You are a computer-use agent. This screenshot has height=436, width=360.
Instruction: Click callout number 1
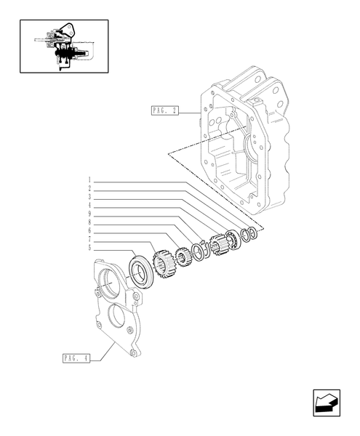pyautogui.click(x=89, y=180)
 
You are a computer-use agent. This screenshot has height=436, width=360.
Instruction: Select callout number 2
pyautogui.click(x=89, y=188)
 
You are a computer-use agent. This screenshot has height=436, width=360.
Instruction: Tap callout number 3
pyautogui.click(x=89, y=197)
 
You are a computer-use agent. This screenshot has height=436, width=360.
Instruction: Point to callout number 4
pyautogui.click(x=89, y=206)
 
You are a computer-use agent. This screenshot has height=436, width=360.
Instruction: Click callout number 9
pyautogui.click(x=89, y=214)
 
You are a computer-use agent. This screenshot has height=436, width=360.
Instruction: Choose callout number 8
pyautogui.click(x=89, y=222)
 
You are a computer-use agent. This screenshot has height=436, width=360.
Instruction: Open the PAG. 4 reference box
pyautogui.click(x=76, y=358)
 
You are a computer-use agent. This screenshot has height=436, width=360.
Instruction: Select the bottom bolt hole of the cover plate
pyautogui.click(x=133, y=353)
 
